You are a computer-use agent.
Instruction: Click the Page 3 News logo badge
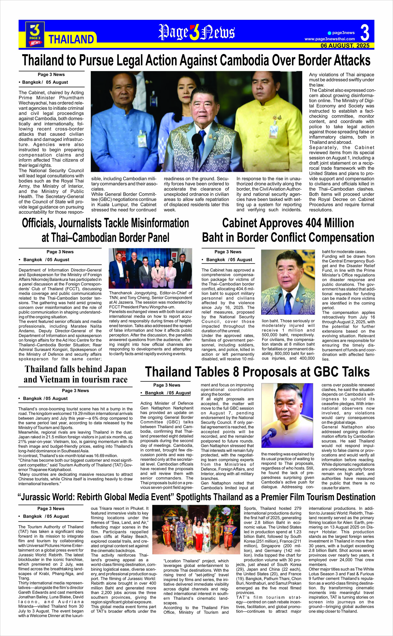(x=35, y=34)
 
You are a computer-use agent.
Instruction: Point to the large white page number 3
(x=365, y=33)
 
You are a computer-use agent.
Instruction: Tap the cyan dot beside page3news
(x=330, y=33)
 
